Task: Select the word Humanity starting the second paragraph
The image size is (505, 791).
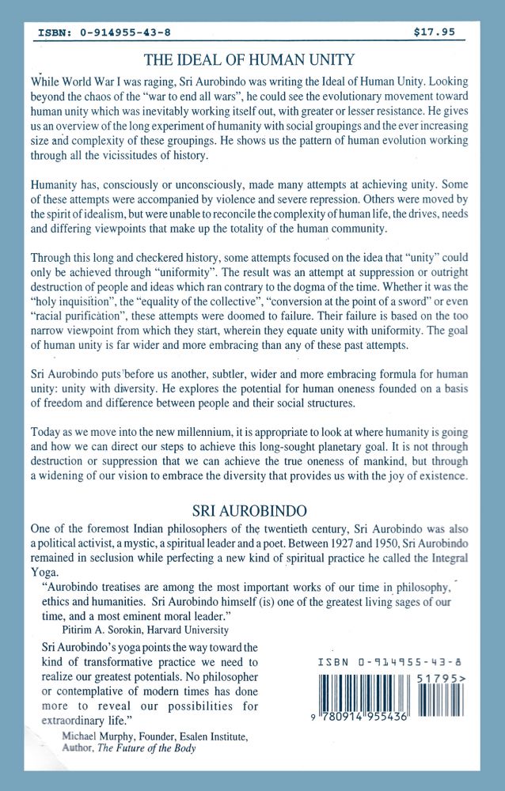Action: [55, 183]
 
